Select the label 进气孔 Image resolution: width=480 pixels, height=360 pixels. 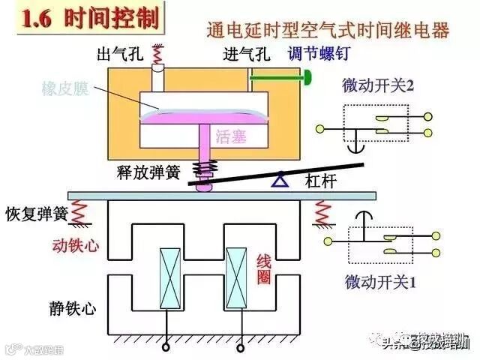[x=246, y=55]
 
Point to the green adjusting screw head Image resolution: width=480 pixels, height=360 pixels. [x=308, y=76]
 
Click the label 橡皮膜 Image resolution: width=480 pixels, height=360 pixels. [x=65, y=88]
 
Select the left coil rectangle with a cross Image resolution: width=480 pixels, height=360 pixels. [x=169, y=277]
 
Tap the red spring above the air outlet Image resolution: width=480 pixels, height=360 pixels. [x=158, y=54]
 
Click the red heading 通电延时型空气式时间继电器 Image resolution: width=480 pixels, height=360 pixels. [x=328, y=31]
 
